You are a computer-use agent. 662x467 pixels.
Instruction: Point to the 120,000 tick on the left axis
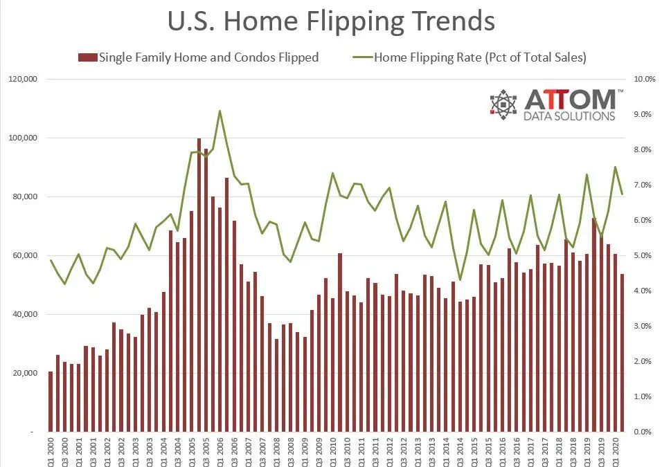coord(23,80)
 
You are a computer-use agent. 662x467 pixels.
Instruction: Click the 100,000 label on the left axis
coord(23,138)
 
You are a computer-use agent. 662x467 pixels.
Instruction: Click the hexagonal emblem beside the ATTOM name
coord(503,104)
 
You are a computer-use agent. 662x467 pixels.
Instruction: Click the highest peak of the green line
coord(220,111)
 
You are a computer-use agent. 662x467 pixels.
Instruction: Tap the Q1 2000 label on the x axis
coord(51,451)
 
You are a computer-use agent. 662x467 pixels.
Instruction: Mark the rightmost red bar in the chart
coord(622,353)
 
